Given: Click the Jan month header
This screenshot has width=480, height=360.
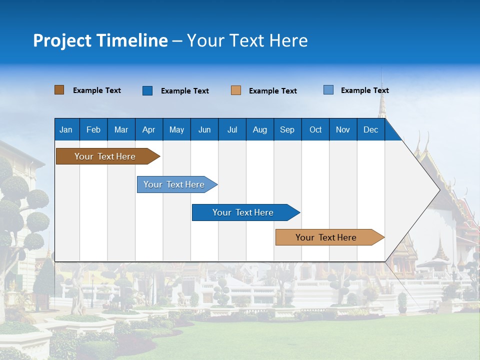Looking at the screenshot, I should (66, 129).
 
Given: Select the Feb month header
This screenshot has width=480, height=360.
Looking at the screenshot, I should (93, 129).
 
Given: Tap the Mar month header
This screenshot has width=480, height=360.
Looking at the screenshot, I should (121, 129).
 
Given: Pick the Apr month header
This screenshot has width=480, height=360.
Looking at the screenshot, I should (149, 129).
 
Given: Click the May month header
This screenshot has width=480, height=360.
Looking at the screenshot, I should (176, 129).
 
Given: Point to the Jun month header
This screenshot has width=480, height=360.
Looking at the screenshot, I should (204, 129).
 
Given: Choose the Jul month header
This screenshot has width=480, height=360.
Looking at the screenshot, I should (232, 129).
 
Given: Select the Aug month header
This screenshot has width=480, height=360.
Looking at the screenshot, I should (260, 129).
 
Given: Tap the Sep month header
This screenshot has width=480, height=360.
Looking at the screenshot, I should (287, 129).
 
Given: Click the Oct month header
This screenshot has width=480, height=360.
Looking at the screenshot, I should (315, 129).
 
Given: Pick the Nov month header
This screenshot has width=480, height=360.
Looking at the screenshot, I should (343, 129).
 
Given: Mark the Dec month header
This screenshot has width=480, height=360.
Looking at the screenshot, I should (371, 129).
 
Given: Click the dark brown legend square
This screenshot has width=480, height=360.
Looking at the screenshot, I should (59, 90).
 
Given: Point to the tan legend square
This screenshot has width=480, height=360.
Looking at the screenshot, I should (236, 90).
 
